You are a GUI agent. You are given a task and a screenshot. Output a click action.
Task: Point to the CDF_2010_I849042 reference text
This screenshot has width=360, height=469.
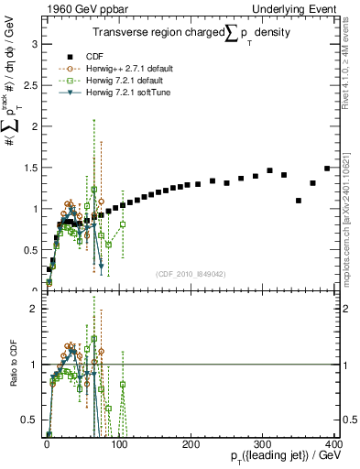pyautogui.click(x=190, y=273)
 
